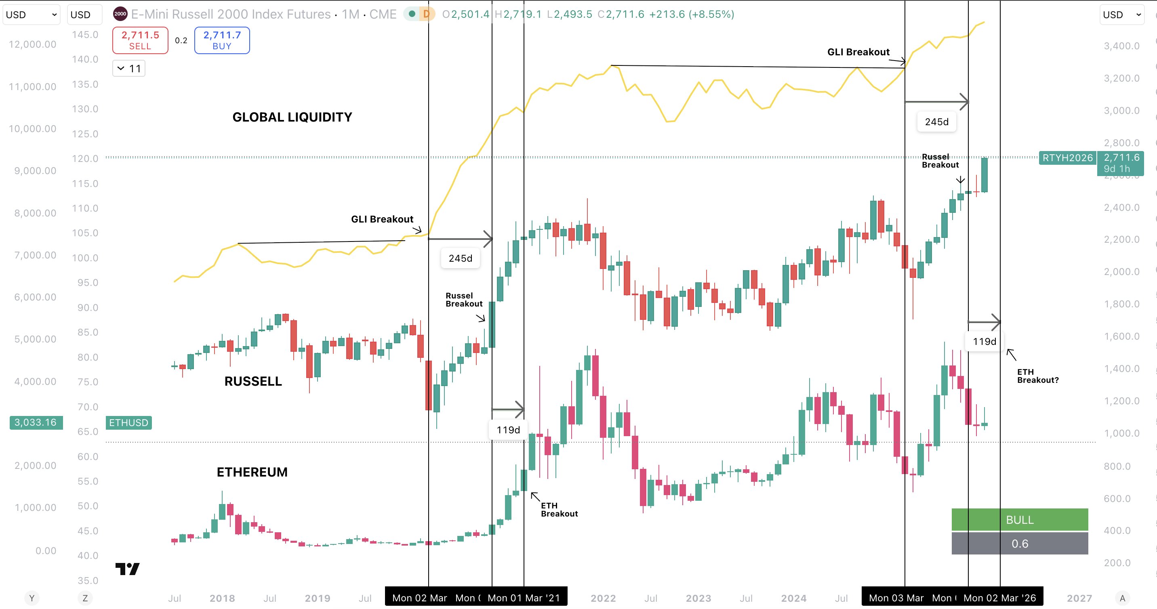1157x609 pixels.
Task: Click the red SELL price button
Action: point(140,40)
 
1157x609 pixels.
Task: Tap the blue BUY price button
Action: point(222,40)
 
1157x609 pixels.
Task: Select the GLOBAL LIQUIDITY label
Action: point(292,117)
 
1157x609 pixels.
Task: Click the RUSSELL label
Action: point(253,381)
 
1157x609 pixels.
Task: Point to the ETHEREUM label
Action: point(252,472)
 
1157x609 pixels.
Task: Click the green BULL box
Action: point(1020,520)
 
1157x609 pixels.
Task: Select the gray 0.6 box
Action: point(1020,544)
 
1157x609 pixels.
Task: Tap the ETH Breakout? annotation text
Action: point(1037,376)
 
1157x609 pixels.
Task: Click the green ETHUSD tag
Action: point(128,422)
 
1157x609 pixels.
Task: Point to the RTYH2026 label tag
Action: point(1067,157)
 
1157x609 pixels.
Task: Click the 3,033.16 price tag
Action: point(36,422)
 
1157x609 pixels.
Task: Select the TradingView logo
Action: point(128,569)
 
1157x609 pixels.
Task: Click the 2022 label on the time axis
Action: point(603,598)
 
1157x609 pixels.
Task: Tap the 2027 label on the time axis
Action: point(1079,598)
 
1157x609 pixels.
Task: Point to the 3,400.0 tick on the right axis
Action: point(1121,46)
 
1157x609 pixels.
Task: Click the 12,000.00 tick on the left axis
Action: point(32,44)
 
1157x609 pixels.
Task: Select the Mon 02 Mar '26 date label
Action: point(1000,598)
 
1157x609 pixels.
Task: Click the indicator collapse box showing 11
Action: point(129,69)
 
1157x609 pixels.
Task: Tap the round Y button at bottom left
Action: point(32,598)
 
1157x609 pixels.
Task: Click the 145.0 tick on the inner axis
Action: point(85,35)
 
